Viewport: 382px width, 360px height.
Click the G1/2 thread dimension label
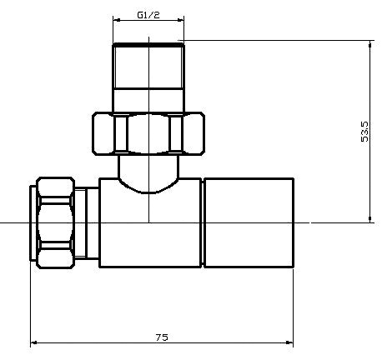pos(148,15)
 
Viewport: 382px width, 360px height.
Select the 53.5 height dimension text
pos(364,132)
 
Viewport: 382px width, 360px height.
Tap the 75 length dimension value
pos(162,337)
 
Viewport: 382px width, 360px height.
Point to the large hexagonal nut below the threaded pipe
pos(148,133)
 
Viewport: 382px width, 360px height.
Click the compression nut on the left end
pos(56,222)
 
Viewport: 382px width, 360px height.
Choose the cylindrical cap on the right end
pos(249,222)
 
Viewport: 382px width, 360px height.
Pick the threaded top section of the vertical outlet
pos(148,66)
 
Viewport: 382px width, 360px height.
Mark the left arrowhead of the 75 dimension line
pos(33,342)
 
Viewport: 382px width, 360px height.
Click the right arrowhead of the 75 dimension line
pos(290,342)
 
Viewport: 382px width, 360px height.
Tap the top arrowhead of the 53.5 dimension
pos(369,44)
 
